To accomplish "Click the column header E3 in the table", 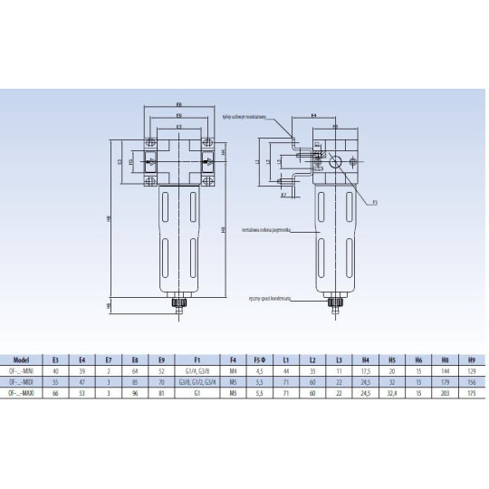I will [57, 359].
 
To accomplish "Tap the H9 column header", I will [470, 359].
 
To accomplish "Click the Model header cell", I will [21, 359].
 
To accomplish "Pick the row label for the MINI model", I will [21, 371].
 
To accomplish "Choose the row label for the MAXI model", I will [21, 394].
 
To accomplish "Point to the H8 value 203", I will [446, 394].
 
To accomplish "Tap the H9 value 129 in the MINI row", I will [470, 371].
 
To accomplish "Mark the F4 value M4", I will [234, 371].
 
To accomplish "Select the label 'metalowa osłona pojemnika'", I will [264, 231].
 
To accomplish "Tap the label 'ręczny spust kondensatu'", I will [268, 297].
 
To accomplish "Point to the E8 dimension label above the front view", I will [178, 105].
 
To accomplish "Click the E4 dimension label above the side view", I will [313, 116].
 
